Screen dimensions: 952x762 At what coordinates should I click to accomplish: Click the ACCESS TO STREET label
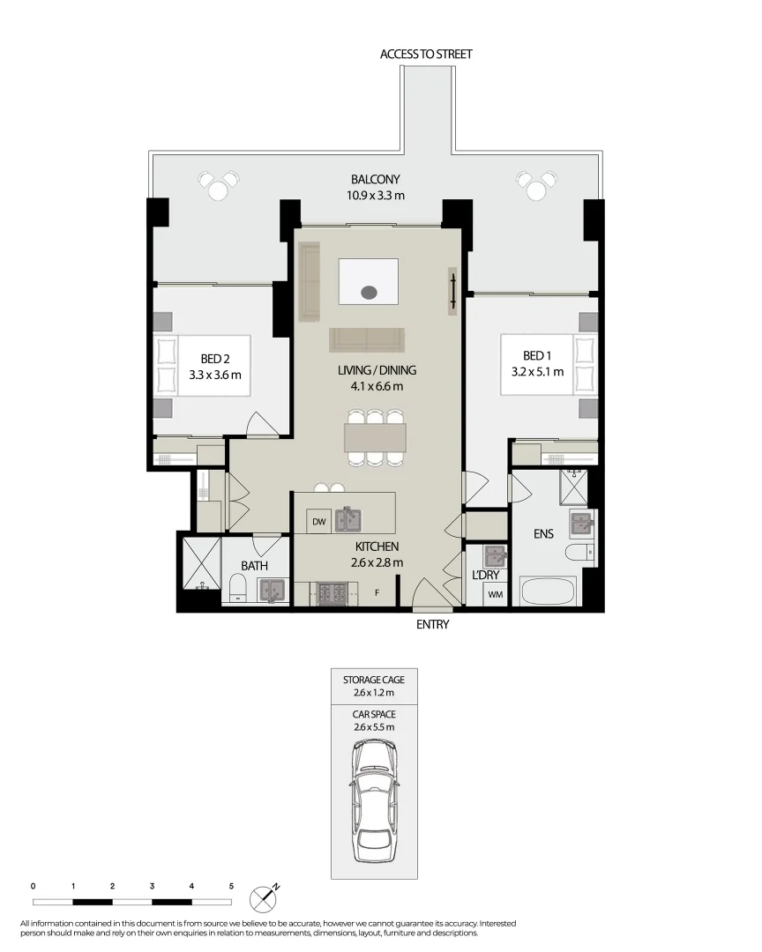[426, 54]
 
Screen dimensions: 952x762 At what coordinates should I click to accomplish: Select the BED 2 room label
[214, 366]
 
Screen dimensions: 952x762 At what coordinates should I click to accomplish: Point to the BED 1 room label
[537, 363]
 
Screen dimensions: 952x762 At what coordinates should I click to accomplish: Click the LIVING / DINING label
[377, 378]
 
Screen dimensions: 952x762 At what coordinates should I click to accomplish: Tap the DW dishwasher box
[318, 522]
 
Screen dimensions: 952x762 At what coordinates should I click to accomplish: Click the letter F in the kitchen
[377, 592]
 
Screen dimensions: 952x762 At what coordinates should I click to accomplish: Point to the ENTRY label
[432, 625]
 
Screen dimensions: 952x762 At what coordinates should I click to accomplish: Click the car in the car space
[375, 801]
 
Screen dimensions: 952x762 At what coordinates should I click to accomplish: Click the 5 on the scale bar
[231, 885]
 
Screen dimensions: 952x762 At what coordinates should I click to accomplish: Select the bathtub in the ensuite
[547, 592]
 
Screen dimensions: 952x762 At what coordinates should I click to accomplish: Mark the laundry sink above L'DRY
[494, 557]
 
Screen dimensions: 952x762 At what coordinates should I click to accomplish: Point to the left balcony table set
[219, 186]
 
